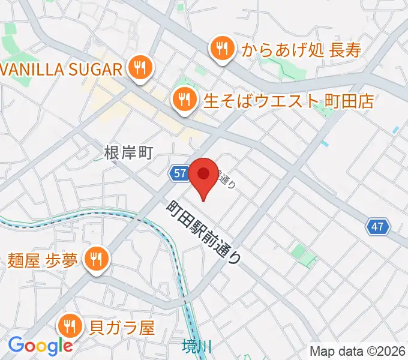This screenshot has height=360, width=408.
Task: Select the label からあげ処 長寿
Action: (x=302, y=50)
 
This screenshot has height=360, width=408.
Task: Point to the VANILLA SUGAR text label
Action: (x=62, y=68)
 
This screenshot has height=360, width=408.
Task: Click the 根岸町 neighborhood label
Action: (x=129, y=153)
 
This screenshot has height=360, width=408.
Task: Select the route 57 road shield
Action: (x=179, y=173)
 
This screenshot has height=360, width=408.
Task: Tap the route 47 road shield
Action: (x=377, y=227)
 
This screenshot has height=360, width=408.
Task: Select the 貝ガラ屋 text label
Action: (x=122, y=328)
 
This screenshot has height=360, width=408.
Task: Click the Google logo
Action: (x=40, y=346)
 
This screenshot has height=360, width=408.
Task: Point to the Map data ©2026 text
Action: (x=358, y=351)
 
